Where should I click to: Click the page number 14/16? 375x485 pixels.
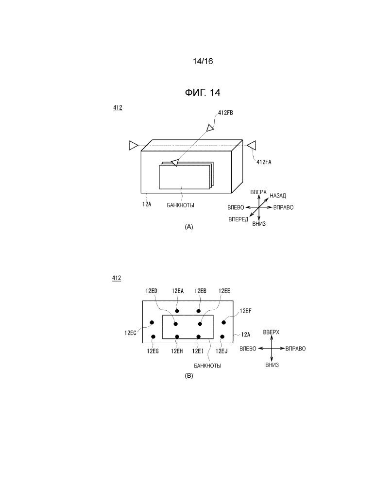tap(203, 61)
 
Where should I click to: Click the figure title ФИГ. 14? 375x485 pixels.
tap(203, 92)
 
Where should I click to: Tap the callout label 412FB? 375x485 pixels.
tap(225, 113)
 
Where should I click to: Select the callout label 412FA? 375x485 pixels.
tap(264, 162)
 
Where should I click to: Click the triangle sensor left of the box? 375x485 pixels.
tap(134, 145)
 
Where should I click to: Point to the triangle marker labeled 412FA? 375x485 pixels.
tap(252, 145)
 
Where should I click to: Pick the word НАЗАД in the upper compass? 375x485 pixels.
tap(278, 196)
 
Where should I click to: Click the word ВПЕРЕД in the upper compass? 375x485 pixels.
tap(238, 219)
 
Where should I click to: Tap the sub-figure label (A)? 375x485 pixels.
tap(189, 227)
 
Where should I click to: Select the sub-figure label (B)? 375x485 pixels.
tap(189, 376)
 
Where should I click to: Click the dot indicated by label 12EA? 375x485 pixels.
tap(177, 311)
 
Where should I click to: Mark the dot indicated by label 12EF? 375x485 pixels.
tap(224, 323)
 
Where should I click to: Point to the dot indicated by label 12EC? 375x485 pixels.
tap(152, 323)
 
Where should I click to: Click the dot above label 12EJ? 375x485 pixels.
tap(222, 336)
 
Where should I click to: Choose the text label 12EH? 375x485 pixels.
tap(177, 351)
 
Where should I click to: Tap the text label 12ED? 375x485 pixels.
tap(151, 291)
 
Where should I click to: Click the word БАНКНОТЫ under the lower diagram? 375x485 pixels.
tap(207, 366)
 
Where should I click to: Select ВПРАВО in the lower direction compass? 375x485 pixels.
tap(295, 349)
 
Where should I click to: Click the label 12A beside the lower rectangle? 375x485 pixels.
tap(246, 334)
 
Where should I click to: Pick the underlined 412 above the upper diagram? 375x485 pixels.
tap(118, 108)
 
